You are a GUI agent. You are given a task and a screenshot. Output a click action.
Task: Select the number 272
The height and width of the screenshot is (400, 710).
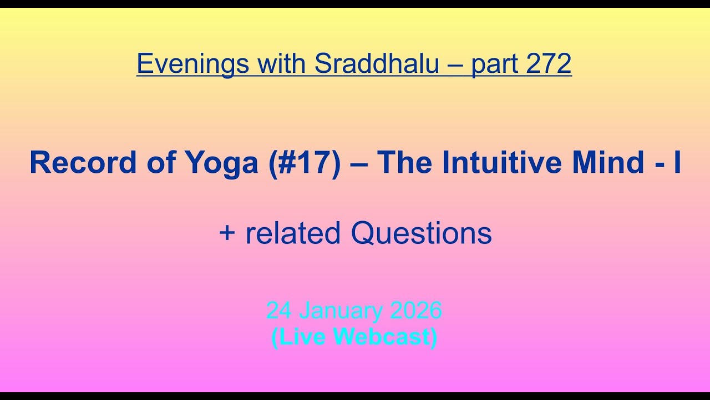(x=549, y=64)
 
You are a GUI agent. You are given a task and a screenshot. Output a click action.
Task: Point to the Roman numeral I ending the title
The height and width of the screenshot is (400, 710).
(x=677, y=163)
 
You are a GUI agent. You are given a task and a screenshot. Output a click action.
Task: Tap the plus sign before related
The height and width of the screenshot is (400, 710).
(x=227, y=233)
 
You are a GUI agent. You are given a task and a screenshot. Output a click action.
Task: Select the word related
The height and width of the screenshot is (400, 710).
(x=293, y=233)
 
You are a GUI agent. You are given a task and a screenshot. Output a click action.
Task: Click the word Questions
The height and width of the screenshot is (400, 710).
(x=421, y=233)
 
